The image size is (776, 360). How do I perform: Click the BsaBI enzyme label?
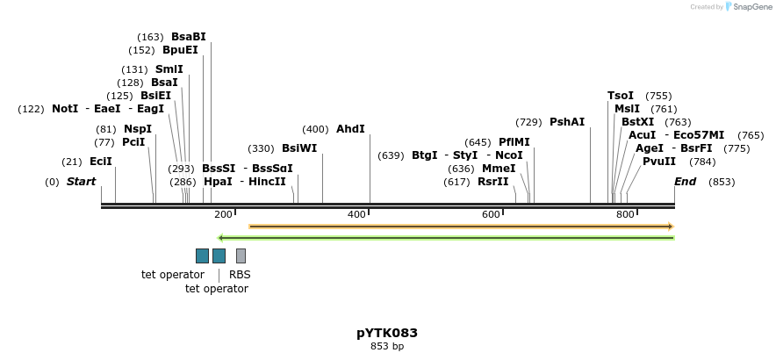pyautogui.click(x=188, y=37)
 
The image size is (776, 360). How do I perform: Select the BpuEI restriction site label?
pyautogui.click(x=180, y=50)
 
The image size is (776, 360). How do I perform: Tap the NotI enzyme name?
pyautogui.click(x=65, y=109)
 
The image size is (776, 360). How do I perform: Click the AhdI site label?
pyautogui.click(x=350, y=129)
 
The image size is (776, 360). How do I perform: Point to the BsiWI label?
pyautogui.click(x=299, y=148)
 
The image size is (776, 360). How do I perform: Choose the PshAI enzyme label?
pyautogui.click(x=567, y=122)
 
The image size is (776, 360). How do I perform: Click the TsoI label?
pyautogui.click(x=621, y=96)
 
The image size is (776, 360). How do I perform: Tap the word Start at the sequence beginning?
pyautogui.click(x=81, y=182)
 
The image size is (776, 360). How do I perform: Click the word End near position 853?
pyautogui.click(x=685, y=182)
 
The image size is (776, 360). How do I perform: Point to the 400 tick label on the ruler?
pyautogui.click(x=356, y=215)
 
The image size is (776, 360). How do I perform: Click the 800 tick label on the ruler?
pyautogui.click(x=625, y=215)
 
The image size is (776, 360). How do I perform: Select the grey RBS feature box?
pyautogui.click(x=241, y=256)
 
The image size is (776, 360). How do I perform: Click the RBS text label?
pyautogui.click(x=240, y=275)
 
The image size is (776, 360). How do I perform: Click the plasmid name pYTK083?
pyautogui.click(x=387, y=333)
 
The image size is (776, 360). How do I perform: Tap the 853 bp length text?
pyautogui.click(x=387, y=347)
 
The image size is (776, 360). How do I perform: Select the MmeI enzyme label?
pyautogui.click(x=499, y=169)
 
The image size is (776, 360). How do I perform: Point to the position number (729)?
pyautogui.click(x=528, y=122)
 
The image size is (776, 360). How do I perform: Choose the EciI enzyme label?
pyautogui.click(x=101, y=162)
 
